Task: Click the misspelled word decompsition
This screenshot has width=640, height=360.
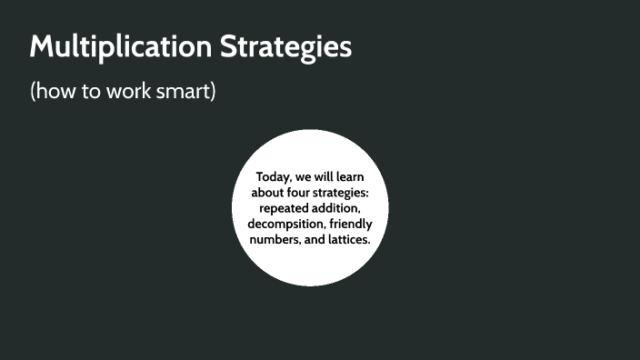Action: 285,224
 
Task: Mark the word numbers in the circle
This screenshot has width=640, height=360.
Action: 275,239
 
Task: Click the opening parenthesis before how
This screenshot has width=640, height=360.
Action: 34,92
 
